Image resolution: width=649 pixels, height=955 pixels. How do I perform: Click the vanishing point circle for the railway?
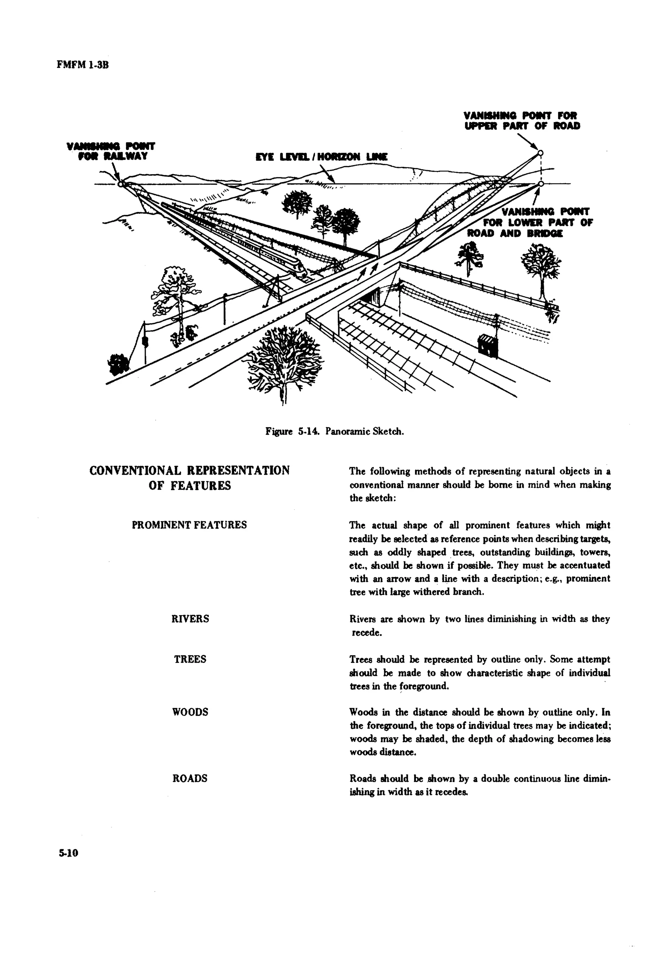click(x=121, y=184)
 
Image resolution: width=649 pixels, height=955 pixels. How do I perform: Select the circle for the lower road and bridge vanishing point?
click(x=541, y=184)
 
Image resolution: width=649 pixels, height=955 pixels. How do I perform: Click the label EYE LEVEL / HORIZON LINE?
click(x=321, y=157)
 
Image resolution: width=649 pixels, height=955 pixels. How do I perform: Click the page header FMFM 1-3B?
click(x=83, y=65)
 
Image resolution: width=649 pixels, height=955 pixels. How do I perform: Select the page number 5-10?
click(x=68, y=853)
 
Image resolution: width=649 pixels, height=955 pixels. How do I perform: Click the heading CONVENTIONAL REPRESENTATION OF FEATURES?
click(x=190, y=477)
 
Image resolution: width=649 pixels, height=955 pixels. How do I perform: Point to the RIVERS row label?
click(x=190, y=619)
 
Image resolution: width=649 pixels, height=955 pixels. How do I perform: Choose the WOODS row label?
click(x=190, y=712)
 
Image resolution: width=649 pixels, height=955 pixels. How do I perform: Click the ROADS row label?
click(x=190, y=778)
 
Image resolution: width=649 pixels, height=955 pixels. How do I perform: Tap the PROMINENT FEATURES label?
click(x=190, y=525)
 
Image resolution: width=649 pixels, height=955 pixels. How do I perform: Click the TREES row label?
click(x=190, y=659)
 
